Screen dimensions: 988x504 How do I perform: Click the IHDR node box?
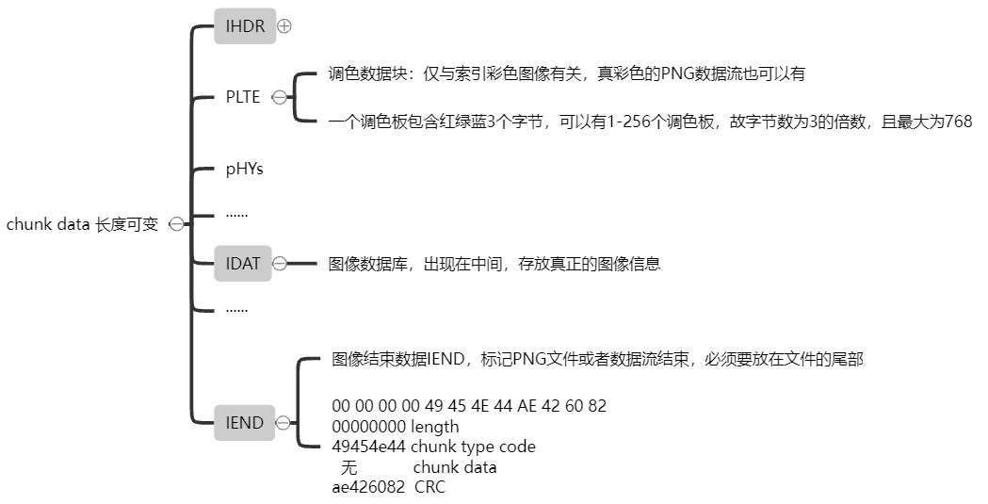pyautogui.click(x=245, y=26)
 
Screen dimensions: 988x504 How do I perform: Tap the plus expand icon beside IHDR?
pyautogui.click(x=284, y=27)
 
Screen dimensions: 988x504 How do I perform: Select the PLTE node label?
pyautogui.click(x=243, y=97)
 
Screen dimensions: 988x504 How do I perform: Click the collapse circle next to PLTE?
pyautogui.click(x=280, y=97)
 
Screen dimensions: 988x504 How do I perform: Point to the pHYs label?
pyautogui.click(x=244, y=170)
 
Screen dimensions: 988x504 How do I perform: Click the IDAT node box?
pyautogui.click(x=243, y=264)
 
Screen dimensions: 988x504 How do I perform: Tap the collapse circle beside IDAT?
pyautogui.click(x=280, y=264)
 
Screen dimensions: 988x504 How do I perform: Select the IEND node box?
pyautogui.click(x=245, y=423)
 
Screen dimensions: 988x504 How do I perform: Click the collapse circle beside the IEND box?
pyautogui.click(x=283, y=423)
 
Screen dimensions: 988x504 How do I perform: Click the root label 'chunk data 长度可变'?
pyautogui.click(x=83, y=223)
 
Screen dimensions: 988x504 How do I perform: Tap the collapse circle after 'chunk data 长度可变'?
pyautogui.click(x=175, y=223)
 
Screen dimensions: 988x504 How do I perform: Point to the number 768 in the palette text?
pyautogui.click(x=958, y=122)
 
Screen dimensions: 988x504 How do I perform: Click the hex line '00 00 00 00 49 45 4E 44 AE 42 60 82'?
pyautogui.click(x=469, y=406)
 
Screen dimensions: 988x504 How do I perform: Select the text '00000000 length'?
pyautogui.click(x=396, y=427)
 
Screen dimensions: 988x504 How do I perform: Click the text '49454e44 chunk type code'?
pyautogui.click(x=433, y=447)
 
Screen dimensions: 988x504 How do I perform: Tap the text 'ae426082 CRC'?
pyautogui.click(x=388, y=487)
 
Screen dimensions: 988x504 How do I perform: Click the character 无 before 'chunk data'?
pyautogui.click(x=349, y=467)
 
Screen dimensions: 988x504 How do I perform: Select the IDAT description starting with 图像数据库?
pyautogui.click(x=494, y=264)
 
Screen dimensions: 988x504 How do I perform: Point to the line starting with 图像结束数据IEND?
pyautogui.click(x=597, y=359)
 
